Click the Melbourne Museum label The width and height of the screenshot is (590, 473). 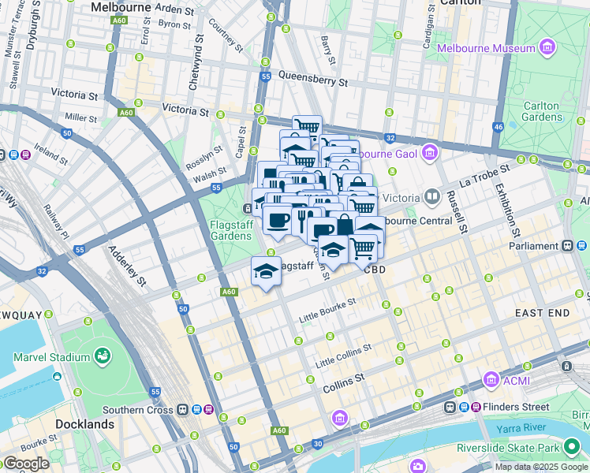click(x=486, y=48)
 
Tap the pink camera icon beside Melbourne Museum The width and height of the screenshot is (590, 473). click(x=547, y=48)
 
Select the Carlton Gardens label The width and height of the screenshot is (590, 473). click(x=542, y=111)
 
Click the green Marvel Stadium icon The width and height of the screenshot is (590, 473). click(x=102, y=357)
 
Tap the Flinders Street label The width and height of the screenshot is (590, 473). click(x=516, y=407)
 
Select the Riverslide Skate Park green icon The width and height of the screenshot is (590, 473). click(x=572, y=449)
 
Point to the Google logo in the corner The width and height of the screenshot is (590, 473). click(x=25, y=464)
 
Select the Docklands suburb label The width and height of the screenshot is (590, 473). click(x=84, y=424)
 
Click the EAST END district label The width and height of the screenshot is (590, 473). click(x=542, y=313)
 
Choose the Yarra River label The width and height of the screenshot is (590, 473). click(x=522, y=429)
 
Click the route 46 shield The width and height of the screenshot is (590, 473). click(x=498, y=126)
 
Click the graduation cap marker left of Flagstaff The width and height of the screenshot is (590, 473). click(x=266, y=272)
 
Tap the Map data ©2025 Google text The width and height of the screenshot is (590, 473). click(x=541, y=467)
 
